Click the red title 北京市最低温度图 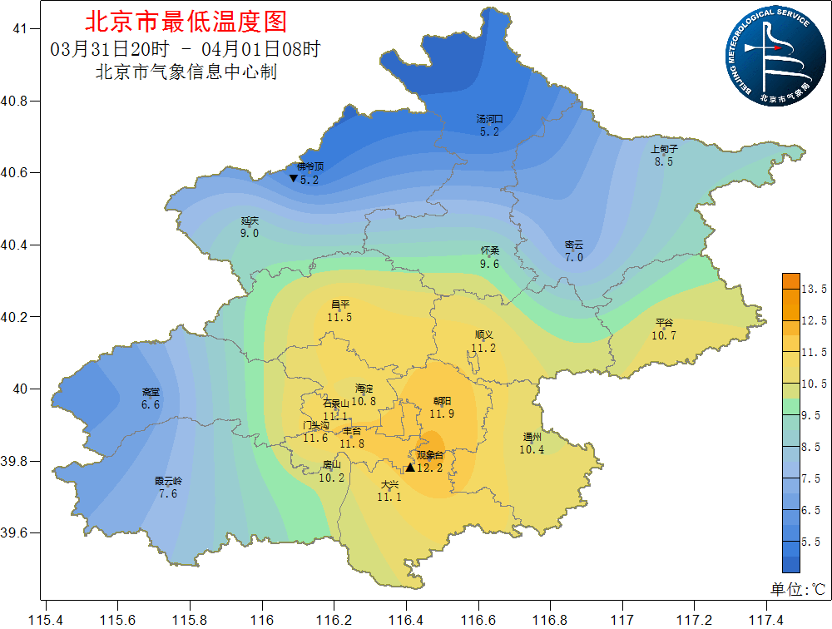point(186,21)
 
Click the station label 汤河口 point(489,119)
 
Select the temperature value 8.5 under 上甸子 point(664,162)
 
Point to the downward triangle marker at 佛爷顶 point(293,179)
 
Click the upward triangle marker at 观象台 point(409,468)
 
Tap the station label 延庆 point(250,220)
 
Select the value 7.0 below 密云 point(574,258)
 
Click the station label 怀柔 point(489,250)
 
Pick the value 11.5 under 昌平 point(339,318)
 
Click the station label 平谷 point(664,323)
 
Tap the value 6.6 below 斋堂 point(151,405)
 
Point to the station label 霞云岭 point(168,481)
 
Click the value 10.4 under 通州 point(532,450)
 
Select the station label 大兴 point(389,484)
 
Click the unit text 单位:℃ point(797,589)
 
